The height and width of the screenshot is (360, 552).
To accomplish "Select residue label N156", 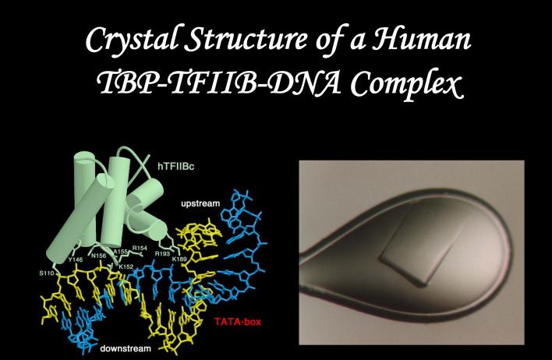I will (x=99, y=254).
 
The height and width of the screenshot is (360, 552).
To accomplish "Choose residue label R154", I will (x=140, y=248).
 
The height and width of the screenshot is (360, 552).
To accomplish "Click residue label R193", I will (x=162, y=253).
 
